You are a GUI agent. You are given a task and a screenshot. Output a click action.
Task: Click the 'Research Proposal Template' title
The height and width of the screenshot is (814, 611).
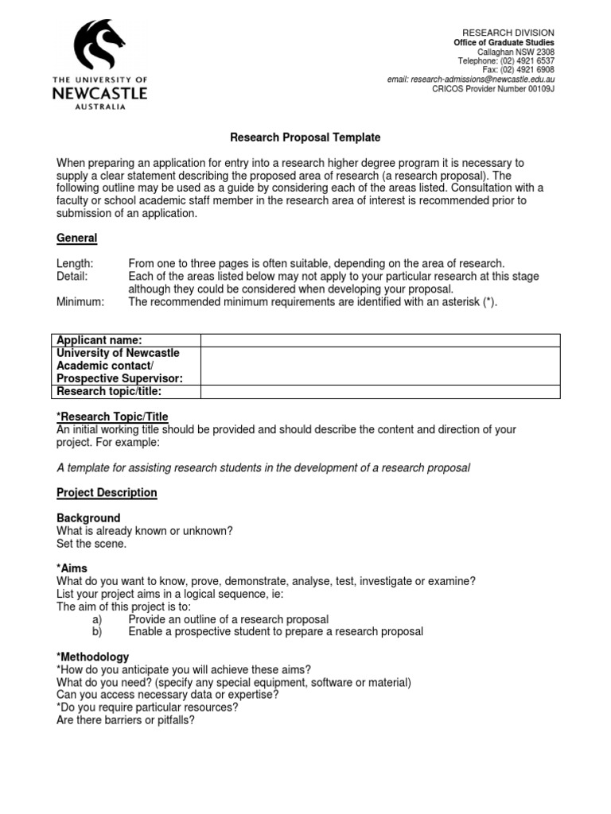point(294,138)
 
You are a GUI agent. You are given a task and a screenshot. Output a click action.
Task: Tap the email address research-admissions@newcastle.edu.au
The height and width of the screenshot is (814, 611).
point(470,80)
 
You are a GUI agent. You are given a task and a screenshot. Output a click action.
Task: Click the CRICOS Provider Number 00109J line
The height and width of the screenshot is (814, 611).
point(492,90)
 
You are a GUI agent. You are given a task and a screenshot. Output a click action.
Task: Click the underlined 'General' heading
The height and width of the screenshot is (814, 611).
point(76,238)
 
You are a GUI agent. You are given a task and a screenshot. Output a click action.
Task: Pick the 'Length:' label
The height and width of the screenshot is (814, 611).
point(75,263)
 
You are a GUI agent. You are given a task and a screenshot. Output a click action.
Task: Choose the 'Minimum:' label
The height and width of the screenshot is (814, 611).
point(80,302)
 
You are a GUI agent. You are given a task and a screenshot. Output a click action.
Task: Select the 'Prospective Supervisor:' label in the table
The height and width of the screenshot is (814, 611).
point(119,378)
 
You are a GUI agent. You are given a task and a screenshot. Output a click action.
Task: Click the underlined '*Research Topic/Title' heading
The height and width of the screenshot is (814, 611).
point(112,417)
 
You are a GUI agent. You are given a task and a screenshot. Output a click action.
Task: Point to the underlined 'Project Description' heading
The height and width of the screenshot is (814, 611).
point(107,493)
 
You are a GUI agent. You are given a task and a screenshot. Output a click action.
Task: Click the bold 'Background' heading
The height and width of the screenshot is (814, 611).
point(88,518)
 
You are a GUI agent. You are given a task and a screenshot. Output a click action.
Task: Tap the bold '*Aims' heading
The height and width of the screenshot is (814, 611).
point(72,568)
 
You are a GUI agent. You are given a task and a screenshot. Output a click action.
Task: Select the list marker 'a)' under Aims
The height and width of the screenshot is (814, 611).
point(98,619)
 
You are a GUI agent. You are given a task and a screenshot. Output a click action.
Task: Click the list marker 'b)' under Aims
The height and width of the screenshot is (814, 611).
point(98,632)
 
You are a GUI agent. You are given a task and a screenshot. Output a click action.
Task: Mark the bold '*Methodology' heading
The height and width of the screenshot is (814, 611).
point(92,657)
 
